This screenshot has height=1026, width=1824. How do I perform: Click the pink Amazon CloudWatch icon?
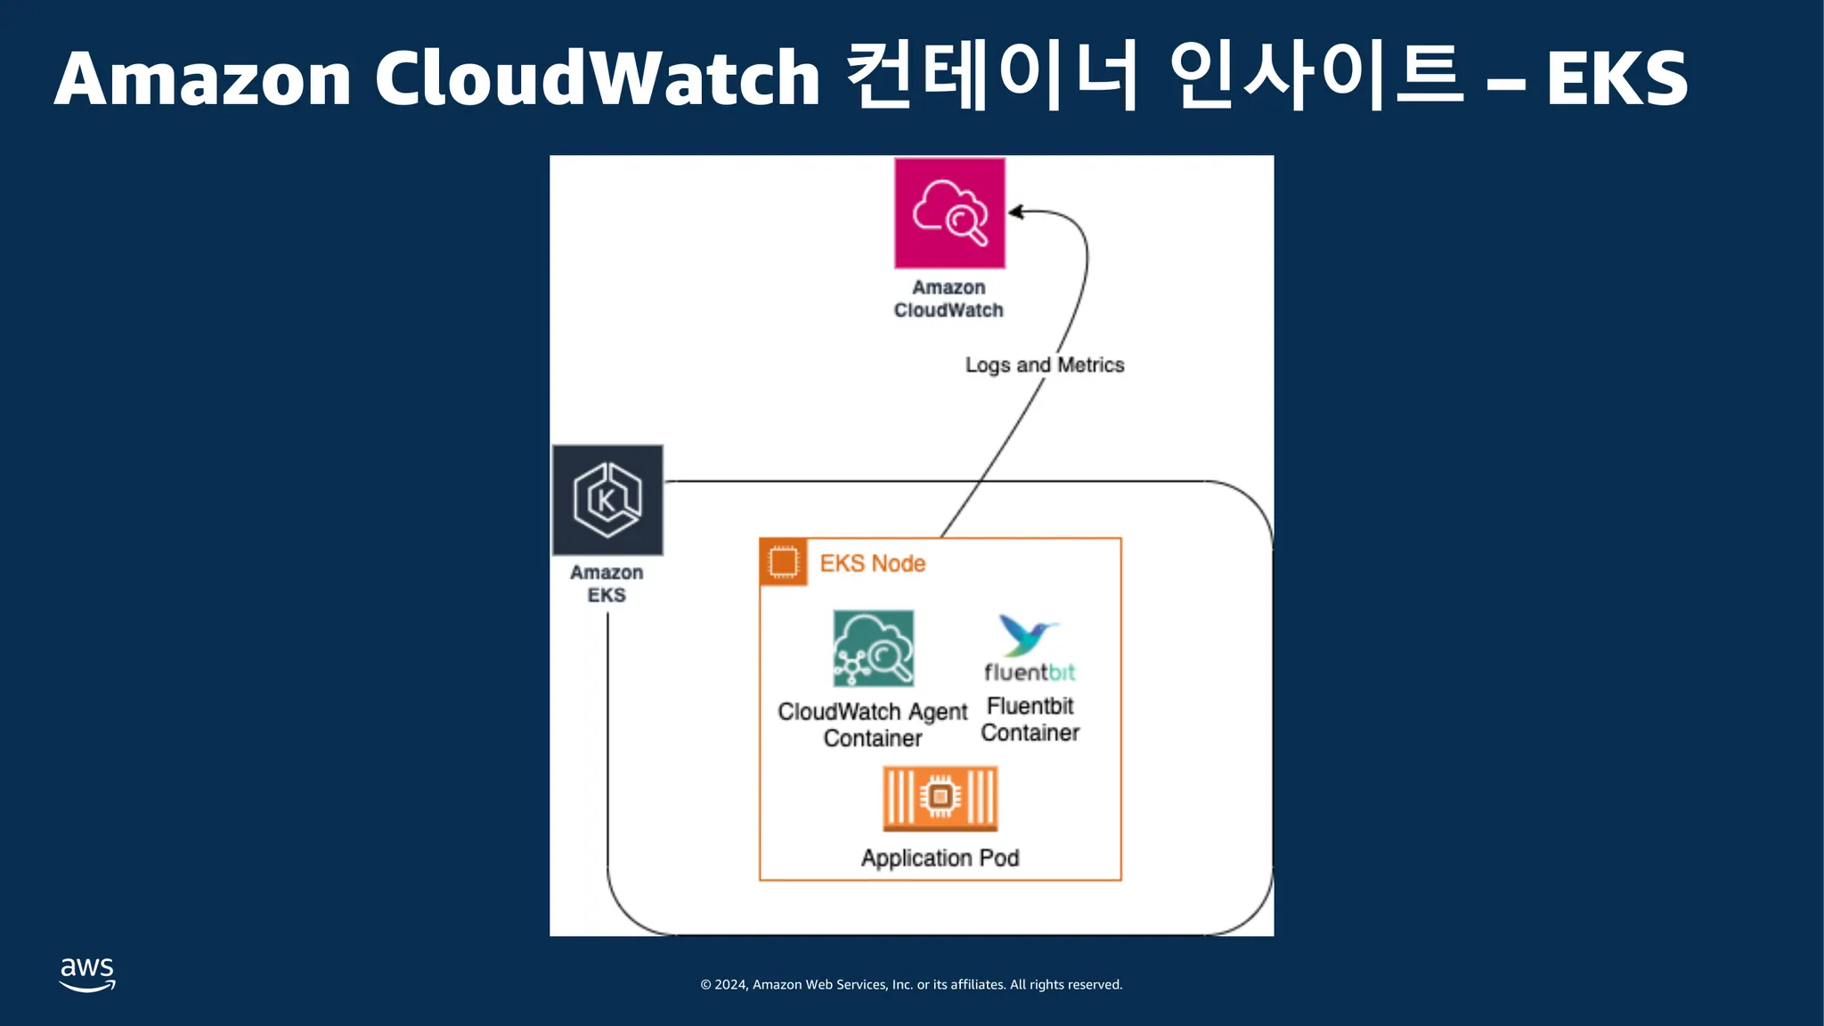pyautogui.click(x=949, y=213)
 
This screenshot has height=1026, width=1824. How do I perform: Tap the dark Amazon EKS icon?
pyautogui.click(x=607, y=500)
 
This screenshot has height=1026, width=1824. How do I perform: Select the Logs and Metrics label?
pyautogui.click(x=1044, y=365)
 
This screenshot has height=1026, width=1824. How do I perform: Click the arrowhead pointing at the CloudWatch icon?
pyautogui.click(x=1015, y=212)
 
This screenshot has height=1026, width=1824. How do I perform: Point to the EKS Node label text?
pyautogui.click(x=872, y=564)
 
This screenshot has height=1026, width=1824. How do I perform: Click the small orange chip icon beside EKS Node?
pyautogui.click(x=784, y=563)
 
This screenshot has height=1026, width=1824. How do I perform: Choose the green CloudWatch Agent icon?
pyautogui.click(x=873, y=648)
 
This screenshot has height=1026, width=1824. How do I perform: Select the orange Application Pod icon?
pyautogui.click(x=940, y=799)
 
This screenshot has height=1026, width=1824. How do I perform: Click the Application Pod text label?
pyautogui.click(x=940, y=859)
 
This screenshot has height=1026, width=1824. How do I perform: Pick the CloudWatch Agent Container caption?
pyautogui.click(x=872, y=725)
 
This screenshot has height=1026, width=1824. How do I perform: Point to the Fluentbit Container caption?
pyautogui.click(x=1030, y=720)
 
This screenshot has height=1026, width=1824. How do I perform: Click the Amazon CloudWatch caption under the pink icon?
pyautogui.click(x=949, y=299)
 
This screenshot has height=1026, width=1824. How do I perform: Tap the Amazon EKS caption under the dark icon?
pyautogui.click(x=607, y=584)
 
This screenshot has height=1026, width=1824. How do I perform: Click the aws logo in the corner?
pyautogui.click(x=87, y=974)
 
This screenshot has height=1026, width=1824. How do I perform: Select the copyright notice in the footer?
pyautogui.click(x=911, y=985)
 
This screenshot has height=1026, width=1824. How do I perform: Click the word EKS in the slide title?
pyautogui.click(x=1616, y=79)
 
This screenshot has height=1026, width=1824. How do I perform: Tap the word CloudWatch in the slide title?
pyautogui.click(x=597, y=78)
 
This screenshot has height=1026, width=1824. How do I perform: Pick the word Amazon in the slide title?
pyautogui.click(x=203, y=79)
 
